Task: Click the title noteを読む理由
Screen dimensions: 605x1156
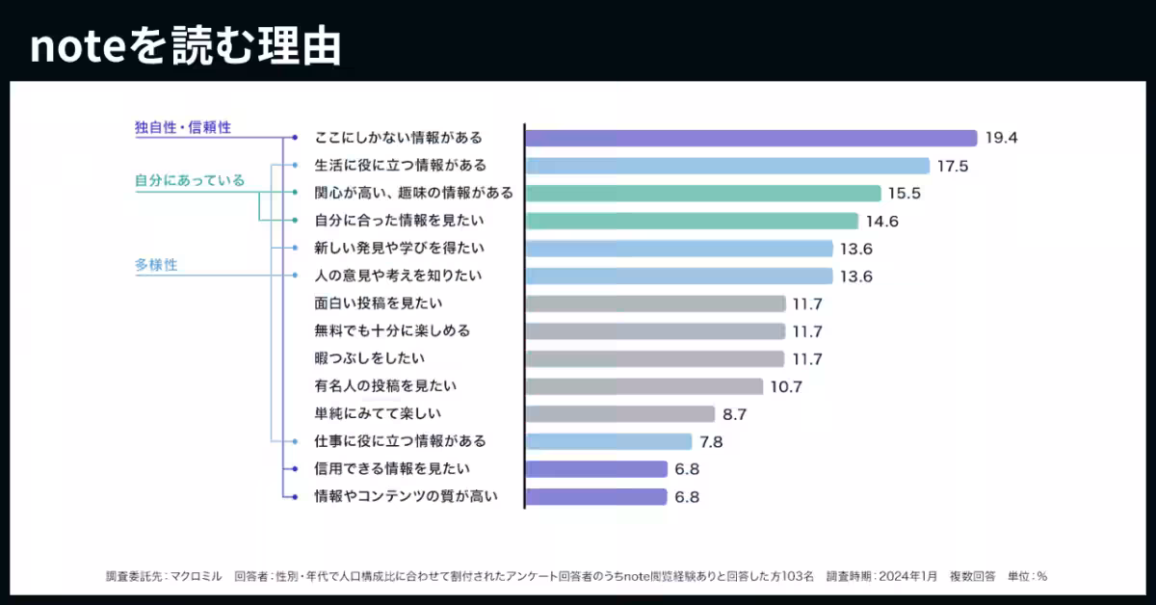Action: (185, 46)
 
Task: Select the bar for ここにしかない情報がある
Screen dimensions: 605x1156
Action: (750, 138)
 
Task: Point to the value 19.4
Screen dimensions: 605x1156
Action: (1001, 138)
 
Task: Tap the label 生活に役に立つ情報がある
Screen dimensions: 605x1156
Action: (400, 165)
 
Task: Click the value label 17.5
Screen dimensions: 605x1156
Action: (952, 166)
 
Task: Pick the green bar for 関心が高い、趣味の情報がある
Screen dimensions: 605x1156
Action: (702, 193)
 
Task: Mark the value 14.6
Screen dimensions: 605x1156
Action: (881, 221)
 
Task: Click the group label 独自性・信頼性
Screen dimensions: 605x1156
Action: (183, 126)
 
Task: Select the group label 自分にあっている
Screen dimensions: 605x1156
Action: (190, 180)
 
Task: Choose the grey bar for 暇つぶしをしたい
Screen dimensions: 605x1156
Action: (654, 359)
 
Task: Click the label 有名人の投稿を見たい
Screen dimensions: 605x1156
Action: (385, 386)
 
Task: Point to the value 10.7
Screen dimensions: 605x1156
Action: (786, 387)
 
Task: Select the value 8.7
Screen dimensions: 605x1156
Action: (734, 415)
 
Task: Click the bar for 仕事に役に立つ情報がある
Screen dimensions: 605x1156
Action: (608, 442)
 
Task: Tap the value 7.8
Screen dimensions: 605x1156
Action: (711, 442)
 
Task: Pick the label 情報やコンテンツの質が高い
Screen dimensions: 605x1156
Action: (406, 497)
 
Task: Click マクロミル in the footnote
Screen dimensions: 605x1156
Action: (197, 576)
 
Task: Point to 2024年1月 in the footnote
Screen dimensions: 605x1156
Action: (907, 576)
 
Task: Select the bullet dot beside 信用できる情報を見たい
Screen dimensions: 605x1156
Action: (295, 469)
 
